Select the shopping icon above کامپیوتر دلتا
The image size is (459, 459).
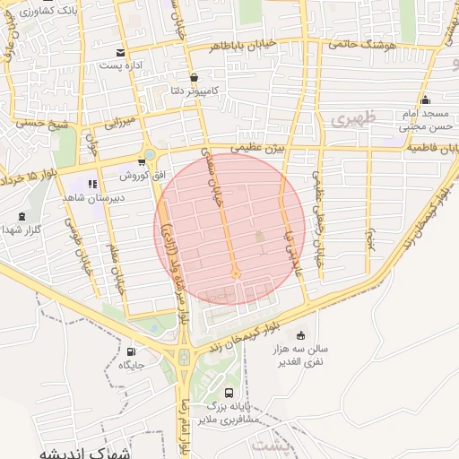[x=195, y=78]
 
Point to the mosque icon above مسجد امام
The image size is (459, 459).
[x=425, y=100]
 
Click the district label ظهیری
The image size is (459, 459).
[x=350, y=118]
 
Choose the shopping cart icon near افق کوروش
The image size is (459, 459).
[x=142, y=162]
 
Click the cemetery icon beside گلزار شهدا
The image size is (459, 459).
[x=22, y=216]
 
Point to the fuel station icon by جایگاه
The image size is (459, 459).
[x=134, y=351]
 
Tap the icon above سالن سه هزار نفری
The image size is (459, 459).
[x=299, y=333]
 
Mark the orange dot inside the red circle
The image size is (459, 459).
[x=236, y=273]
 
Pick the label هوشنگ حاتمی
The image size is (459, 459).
[x=359, y=42]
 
